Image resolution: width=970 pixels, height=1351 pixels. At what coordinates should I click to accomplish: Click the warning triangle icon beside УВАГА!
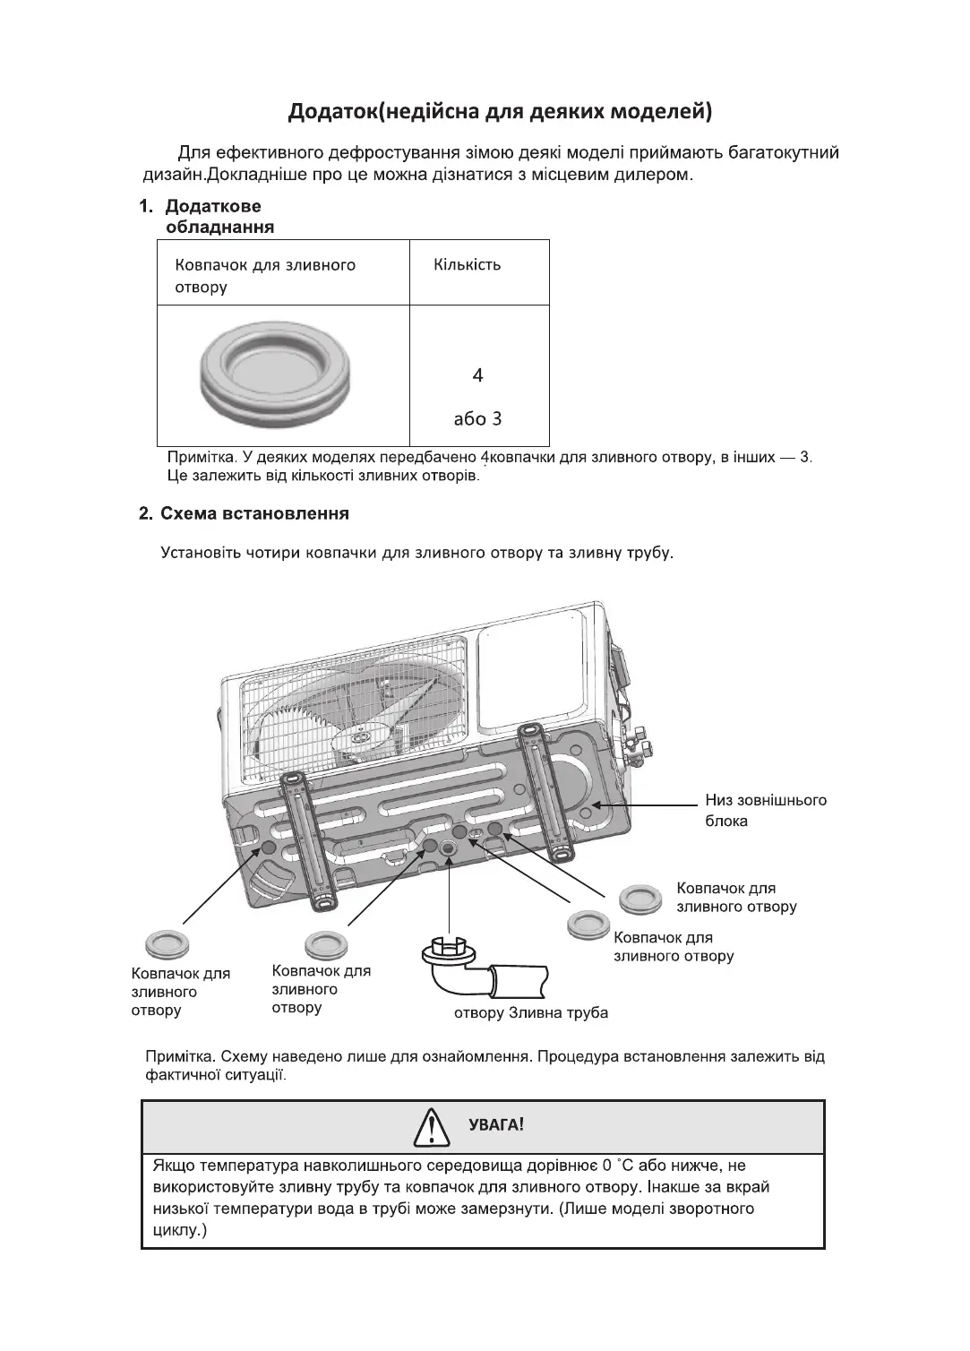click(432, 1128)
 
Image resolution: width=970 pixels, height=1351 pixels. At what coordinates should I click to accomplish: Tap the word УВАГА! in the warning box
click(496, 1125)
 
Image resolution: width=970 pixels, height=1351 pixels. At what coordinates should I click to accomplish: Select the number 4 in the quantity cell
click(478, 375)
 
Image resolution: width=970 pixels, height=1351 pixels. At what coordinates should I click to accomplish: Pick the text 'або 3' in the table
click(478, 418)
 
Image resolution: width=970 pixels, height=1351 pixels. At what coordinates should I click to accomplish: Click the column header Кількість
click(467, 265)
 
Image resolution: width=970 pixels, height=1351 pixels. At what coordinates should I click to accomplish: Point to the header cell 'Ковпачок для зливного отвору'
click(265, 276)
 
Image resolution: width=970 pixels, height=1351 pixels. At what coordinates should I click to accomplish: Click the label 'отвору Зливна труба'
click(531, 1013)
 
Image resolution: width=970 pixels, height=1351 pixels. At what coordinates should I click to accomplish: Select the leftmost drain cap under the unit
click(164, 943)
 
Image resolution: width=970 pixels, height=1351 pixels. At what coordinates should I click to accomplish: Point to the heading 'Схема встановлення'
click(254, 514)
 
